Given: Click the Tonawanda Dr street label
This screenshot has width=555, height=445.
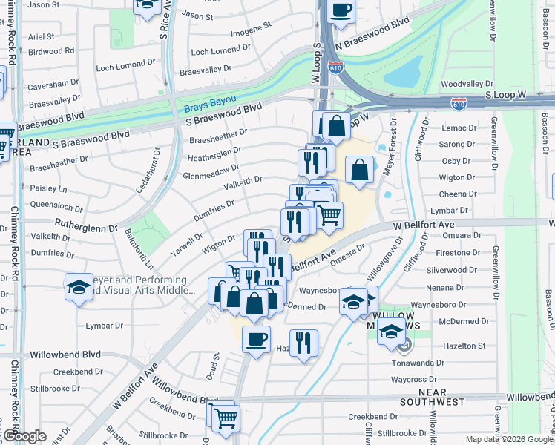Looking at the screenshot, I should [439, 363].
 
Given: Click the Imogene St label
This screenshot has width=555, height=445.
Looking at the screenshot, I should [251, 29].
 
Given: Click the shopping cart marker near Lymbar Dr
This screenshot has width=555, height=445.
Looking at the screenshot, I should [329, 215].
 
